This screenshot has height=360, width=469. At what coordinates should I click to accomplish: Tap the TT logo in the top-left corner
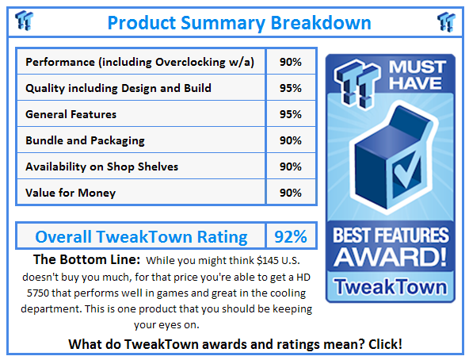tap(25, 21)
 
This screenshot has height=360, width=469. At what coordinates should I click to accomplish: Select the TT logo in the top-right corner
tap(447, 21)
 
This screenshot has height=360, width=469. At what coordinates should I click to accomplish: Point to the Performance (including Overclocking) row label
tap(139, 62)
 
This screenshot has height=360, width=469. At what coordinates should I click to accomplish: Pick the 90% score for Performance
tap(290, 62)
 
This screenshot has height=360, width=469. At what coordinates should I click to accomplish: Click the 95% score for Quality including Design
tap(290, 88)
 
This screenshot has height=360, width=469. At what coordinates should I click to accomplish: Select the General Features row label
tap(71, 114)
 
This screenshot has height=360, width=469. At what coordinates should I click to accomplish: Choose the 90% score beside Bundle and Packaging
tap(290, 140)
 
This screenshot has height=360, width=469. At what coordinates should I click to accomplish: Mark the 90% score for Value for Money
tap(290, 192)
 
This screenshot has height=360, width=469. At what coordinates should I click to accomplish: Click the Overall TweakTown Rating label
tap(141, 236)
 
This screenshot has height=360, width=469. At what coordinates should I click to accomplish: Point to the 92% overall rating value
tap(290, 236)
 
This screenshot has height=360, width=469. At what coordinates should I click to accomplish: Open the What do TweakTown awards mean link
tap(234, 344)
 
